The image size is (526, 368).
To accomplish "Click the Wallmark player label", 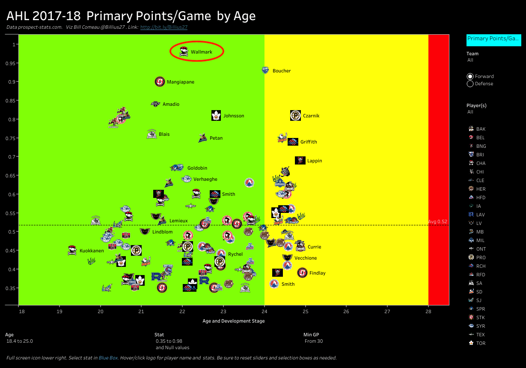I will tap(201, 52).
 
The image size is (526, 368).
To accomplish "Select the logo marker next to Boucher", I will tap(265, 70).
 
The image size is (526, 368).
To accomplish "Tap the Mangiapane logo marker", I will tap(160, 82).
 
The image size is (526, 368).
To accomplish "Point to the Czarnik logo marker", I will tap(295, 116).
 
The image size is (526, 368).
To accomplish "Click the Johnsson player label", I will tap(234, 116).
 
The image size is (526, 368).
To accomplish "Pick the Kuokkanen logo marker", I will tap(72, 251).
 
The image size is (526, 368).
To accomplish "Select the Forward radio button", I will tap(470, 77).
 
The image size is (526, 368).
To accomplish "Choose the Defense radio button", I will tap(470, 84).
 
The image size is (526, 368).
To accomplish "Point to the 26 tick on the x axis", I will tap(346, 311).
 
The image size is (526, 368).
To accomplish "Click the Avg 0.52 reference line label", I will tap(437, 221).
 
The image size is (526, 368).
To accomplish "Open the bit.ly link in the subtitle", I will tap(164, 27).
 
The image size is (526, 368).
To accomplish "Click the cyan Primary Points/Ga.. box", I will tap(493, 39).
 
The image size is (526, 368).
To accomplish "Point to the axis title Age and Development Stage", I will tap(233, 321).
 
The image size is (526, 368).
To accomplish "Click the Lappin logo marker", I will tap(300, 161).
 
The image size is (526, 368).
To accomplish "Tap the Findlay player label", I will tap(317, 273).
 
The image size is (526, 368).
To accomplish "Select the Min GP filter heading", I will tap(311, 335).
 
